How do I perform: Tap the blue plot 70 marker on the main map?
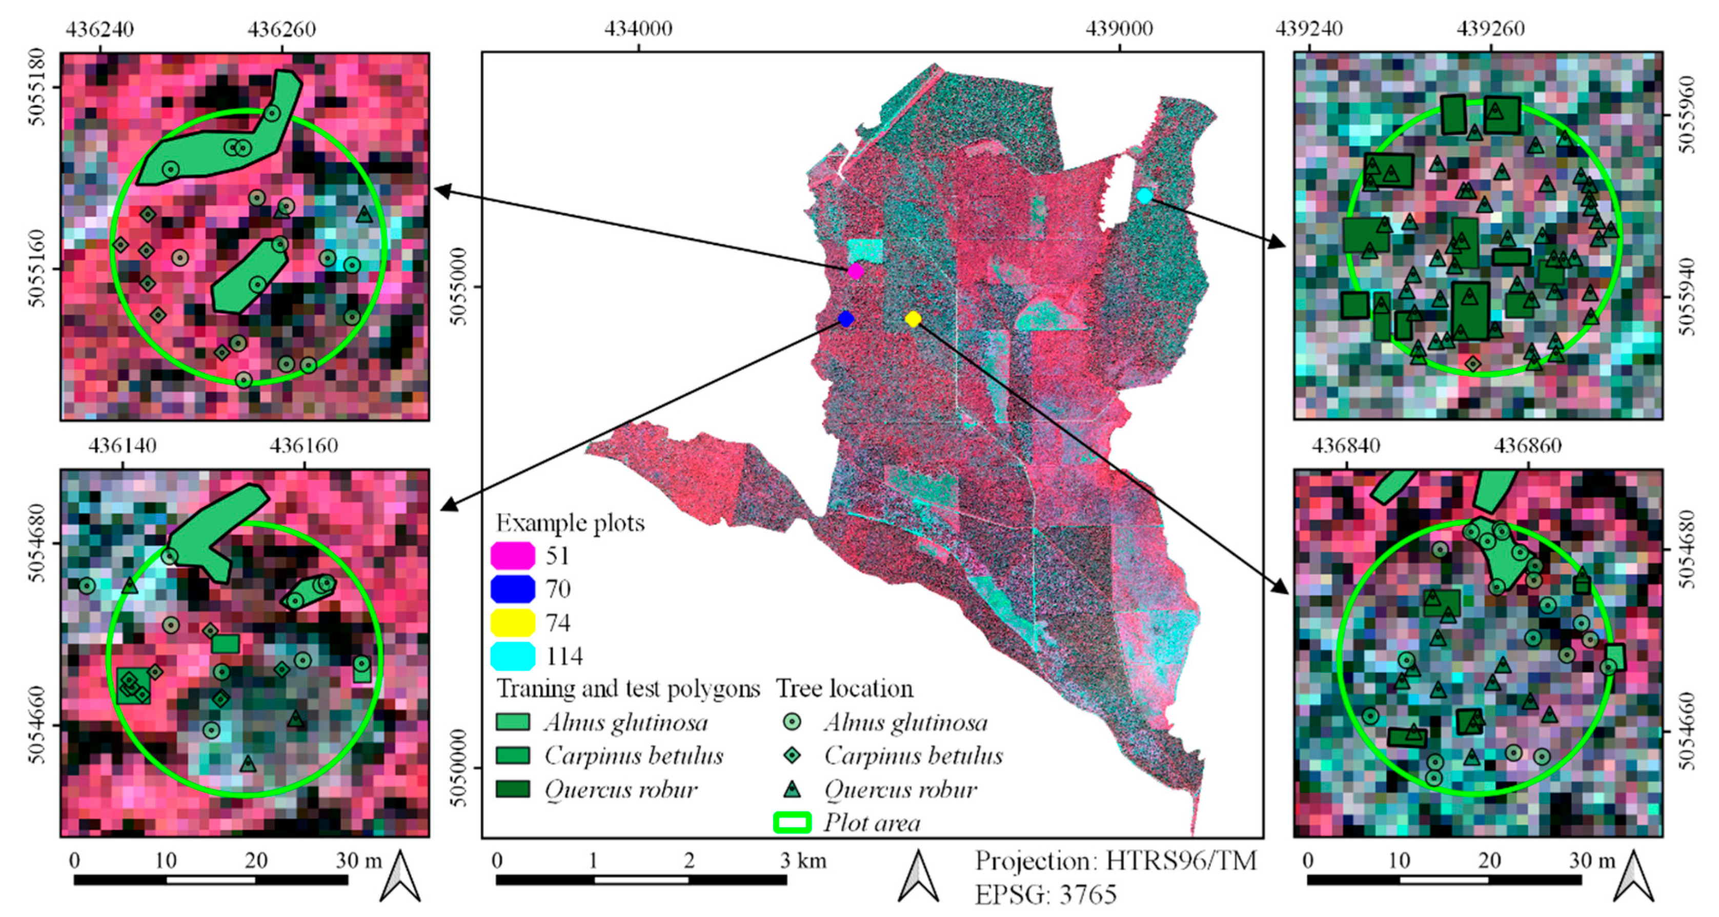[845, 319]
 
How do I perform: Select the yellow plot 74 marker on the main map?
[914, 319]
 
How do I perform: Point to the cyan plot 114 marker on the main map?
[1144, 195]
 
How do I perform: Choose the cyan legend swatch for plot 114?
[513, 656]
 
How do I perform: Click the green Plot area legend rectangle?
[792, 822]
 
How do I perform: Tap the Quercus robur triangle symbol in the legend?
[792, 789]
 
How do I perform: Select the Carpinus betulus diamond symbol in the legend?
[792, 755]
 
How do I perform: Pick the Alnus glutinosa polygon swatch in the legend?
[513, 722]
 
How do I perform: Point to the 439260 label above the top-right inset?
[1490, 29]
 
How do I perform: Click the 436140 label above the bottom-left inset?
[122, 445]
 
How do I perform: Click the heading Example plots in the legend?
[570, 523]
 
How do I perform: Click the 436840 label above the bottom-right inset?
[1345, 445]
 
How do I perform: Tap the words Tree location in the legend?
[844, 688]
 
